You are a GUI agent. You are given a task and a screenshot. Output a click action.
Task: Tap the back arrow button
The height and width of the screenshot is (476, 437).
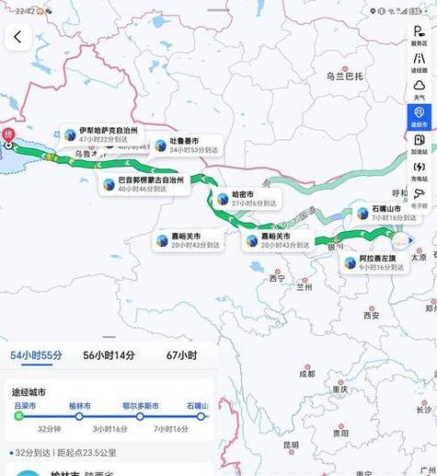tap(17, 37)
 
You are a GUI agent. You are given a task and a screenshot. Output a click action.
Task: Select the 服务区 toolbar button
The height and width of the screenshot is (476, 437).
tap(419, 35)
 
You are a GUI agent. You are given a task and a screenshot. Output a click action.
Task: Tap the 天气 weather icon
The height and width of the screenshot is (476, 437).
tap(419, 89)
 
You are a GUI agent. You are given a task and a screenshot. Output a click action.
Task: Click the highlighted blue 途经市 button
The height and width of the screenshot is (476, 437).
tap(419, 116)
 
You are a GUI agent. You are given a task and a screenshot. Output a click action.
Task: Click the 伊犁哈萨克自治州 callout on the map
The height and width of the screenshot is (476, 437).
tap(107, 136)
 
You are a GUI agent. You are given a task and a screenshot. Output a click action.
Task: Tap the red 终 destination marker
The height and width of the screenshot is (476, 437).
tap(9, 143)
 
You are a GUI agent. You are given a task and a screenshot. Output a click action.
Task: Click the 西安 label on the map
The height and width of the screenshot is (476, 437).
tap(371, 315)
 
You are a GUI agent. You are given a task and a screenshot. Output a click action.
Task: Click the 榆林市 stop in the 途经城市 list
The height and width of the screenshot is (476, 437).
tap(82, 406)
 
